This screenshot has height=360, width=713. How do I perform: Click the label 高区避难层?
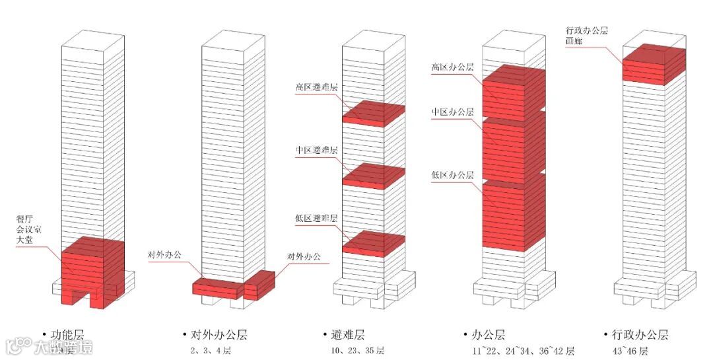[316, 86]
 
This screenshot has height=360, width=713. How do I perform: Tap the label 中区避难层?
[316, 151]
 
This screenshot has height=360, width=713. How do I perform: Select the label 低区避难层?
[316, 218]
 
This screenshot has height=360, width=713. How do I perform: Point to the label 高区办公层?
[452, 67]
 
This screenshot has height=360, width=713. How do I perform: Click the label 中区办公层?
[452, 112]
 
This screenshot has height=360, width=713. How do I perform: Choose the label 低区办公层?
[452, 175]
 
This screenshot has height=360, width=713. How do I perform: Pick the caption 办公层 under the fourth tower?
[491, 336]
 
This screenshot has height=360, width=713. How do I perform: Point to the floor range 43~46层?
[630, 351]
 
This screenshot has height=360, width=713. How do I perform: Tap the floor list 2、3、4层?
[210, 351]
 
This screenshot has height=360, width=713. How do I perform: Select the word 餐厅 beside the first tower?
[25, 218]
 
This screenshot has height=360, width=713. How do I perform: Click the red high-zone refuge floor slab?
[372, 113]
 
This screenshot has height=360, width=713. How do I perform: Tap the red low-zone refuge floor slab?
[372, 242]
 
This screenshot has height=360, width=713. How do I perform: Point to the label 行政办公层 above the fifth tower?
[587, 30]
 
